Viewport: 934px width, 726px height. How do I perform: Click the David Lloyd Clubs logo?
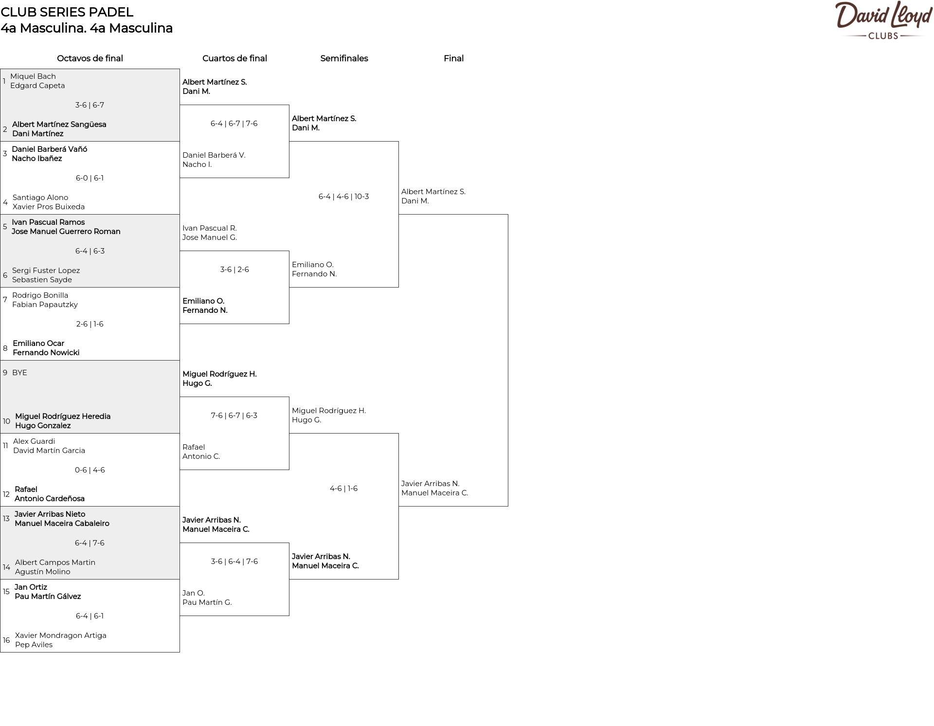pyautogui.click(x=883, y=20)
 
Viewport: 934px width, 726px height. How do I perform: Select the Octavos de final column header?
pyautogui.click(x=90, y=58)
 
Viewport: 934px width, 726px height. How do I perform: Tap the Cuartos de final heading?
pyautogui.click(x=234, y=58)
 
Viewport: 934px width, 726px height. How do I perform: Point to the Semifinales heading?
pyautogui.click(x=344, y=58)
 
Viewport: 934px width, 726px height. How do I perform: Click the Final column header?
pyautogui.click(x=453, y=58)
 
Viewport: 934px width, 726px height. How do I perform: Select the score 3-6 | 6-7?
pyautogui.click(x=90, y=105)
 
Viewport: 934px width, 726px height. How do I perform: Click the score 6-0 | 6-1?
pyautogui.click(x=90, y=178)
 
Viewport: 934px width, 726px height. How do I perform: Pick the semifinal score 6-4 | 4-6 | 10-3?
pyautogui.click(x=344, y=197)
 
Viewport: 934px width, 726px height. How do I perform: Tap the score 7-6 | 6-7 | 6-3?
pyautogui.click(x=234, y=416)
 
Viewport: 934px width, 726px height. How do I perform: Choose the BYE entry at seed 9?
pyautogui.click(x=19, y=373)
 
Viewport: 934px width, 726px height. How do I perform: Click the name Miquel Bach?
pyautogui.click(x=33, y=76)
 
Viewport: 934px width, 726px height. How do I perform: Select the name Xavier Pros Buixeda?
pyautogui.click(x=49, y=207)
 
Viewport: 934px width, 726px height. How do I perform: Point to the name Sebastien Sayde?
pyautogui.click(x=42, y=280)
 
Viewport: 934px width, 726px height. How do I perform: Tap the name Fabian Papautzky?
pyautogui.click(x=45, y=305)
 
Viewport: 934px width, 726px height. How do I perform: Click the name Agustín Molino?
pyautogui.click(x=43, y=572)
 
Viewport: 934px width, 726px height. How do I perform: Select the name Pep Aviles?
pyautogui.click(x=34, y=645)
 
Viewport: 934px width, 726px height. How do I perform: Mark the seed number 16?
pyautogui.click(x=6, y=640)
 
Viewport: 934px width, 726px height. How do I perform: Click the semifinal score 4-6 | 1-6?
pyautogui.click(x=343, y=489)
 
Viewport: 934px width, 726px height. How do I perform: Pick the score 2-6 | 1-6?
pyautogui.click(x=90, y=324)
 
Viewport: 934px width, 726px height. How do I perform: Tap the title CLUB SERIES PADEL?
pyautogui.click(x=67, y=12)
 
